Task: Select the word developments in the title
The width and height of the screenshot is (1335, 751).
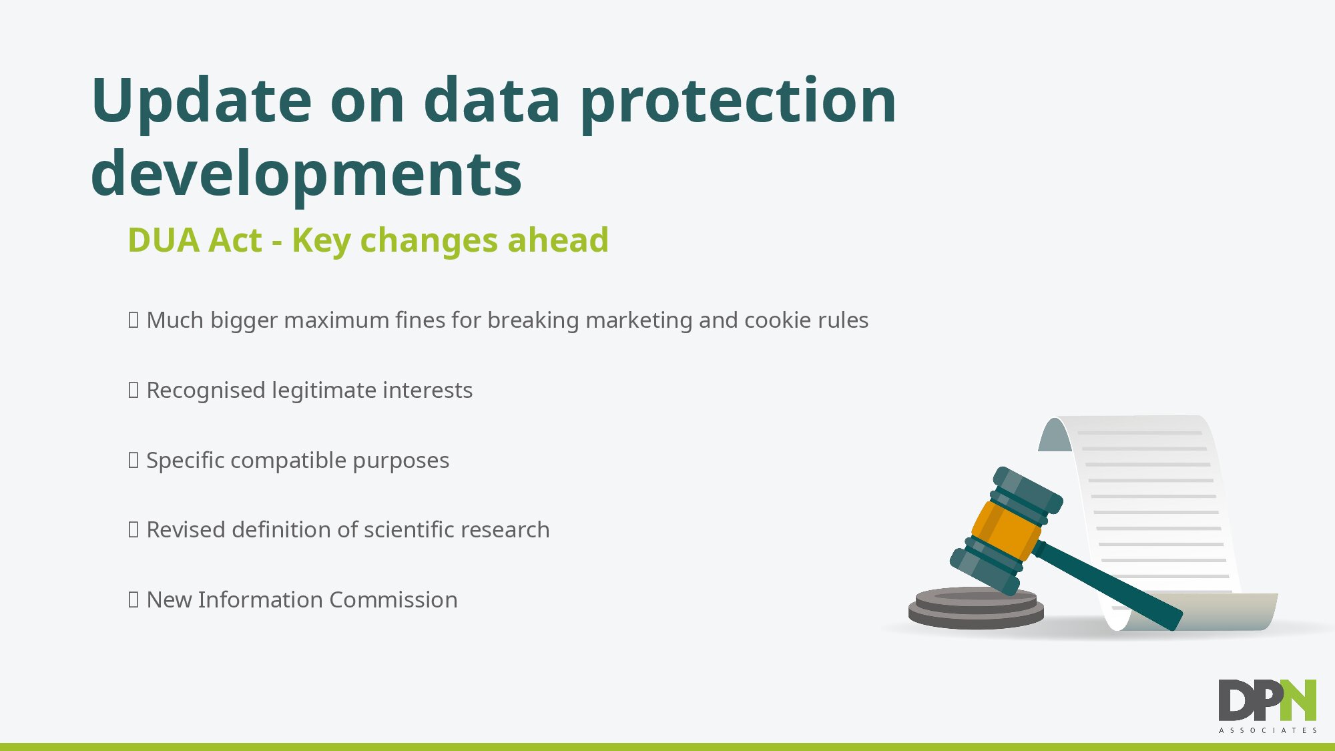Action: point(306,174)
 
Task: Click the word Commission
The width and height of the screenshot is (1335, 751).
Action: point(393,600)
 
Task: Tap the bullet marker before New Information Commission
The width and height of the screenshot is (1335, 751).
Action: point(133,600)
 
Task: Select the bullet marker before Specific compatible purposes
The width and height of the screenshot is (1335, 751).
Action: point(133,461)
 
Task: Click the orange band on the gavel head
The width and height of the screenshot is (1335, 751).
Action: point(1005,531)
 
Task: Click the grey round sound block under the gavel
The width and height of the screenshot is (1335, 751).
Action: point(976,607)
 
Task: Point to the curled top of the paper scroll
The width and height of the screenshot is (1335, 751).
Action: point(1055,434)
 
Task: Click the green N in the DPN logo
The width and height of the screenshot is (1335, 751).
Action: point(1299,700)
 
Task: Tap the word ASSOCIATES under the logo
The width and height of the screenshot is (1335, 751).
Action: point(1268,730)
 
